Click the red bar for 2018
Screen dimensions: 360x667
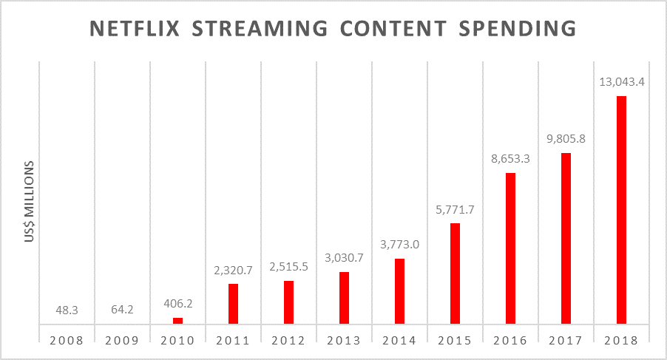(621, 210)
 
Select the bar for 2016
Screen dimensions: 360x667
(510, 248)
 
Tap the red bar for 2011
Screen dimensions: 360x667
(233, 303)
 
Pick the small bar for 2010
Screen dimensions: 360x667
(177, 321)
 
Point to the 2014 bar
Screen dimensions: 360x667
(399, 291)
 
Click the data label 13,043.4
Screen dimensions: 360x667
(621, 82)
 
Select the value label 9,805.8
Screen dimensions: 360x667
(566, 138)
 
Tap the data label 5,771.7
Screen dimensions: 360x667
(455, 209)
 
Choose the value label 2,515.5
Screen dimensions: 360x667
(288, 267)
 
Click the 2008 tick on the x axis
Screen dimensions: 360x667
(67, 341)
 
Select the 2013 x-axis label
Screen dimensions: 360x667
(344, 341)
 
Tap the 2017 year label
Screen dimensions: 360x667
(566, 341)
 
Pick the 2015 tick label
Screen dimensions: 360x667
(455, 341)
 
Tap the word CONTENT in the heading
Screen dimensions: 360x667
(399, 29)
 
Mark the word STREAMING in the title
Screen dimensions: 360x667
(263, 29)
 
